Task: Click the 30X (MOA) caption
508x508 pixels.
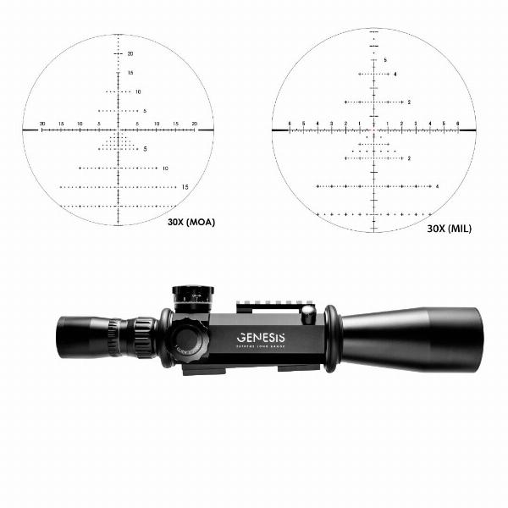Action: point(191,222)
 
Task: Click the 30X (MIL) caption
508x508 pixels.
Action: point(449,229)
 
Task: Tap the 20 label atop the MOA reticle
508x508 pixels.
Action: point(130,53)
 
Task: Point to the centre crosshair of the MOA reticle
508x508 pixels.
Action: point(118,130)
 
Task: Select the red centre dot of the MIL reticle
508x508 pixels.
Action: point(373,130)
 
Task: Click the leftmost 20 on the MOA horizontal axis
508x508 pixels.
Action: point(42,124)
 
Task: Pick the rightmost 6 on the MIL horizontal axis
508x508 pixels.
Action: point(458,124)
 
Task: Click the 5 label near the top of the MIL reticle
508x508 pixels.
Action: point(385,60)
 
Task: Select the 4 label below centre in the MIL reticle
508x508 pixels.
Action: point(437,185)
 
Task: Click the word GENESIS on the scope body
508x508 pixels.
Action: point(261,338)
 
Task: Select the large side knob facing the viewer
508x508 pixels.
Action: point(191,341)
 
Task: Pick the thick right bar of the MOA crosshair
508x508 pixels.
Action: point(203,130)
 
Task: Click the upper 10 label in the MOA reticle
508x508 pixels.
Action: point(138,91)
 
